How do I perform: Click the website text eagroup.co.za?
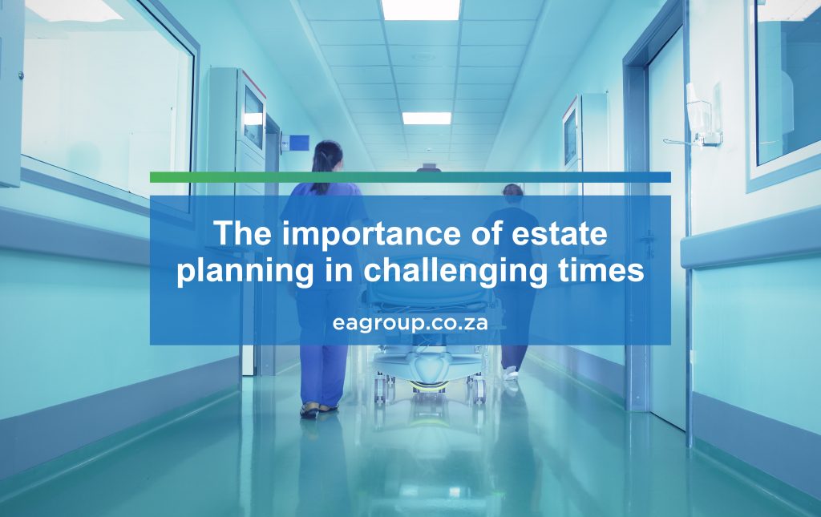click(410, 322)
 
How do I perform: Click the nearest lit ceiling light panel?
click(420, 9)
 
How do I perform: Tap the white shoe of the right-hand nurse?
click(511, 373)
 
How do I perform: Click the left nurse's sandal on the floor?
click(309, 410)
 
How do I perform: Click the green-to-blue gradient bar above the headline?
click(410, 177)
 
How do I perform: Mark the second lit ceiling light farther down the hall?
click(426, 118)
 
